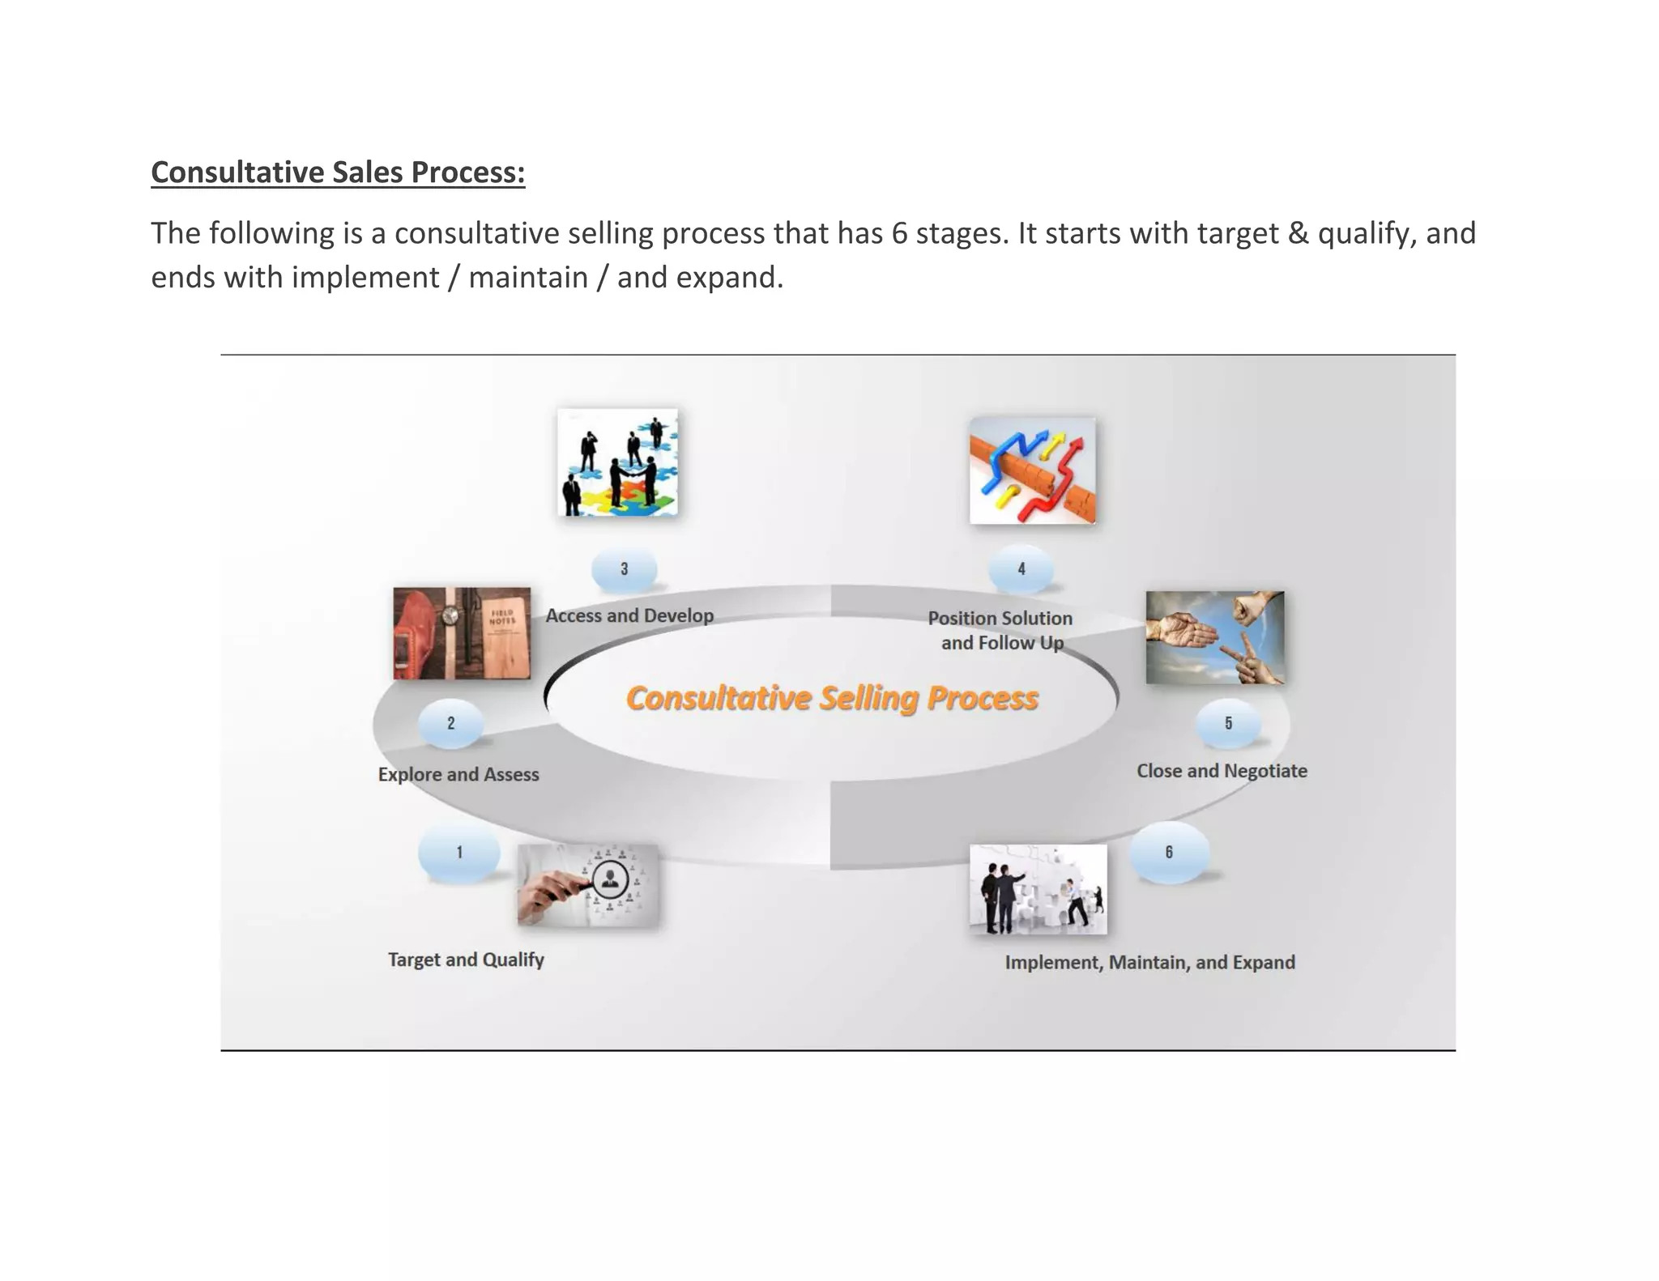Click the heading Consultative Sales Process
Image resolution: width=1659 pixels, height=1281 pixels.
tap(338, 172)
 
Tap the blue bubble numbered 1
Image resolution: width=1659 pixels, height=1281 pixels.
tap(458, 853)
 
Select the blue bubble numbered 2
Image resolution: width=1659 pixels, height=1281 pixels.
tap(450, 723)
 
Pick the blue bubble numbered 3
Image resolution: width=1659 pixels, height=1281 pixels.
tap(624, 569)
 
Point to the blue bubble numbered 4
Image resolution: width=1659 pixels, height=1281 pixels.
tap(1021, 569)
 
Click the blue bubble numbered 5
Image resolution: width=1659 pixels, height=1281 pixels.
tap(1228, 723)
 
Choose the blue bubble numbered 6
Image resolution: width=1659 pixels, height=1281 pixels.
tap(1169, 853)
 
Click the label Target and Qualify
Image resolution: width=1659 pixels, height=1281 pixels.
tap(466, 960)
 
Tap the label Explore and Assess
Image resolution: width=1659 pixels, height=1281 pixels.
tap(458, 774)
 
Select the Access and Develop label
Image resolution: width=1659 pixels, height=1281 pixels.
tap(629, 615)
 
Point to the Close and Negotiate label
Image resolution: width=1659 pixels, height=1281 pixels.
tap(1222, 771)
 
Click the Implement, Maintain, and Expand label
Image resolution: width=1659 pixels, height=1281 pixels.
tap(1149, 962)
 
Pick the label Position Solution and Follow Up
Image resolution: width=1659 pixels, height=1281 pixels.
tap(1000, 630)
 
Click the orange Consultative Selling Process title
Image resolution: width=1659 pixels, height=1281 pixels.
tap(832, 698)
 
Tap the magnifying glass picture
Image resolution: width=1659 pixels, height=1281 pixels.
tap(588, 885)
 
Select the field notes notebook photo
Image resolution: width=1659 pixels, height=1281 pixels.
tap(462, 633)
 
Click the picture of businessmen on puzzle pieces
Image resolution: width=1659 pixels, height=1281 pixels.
tap(618, 462)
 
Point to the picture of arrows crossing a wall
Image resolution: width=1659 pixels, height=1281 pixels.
tap(1033, 470)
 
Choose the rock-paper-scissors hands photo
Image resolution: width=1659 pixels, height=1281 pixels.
tap(1215, 638)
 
